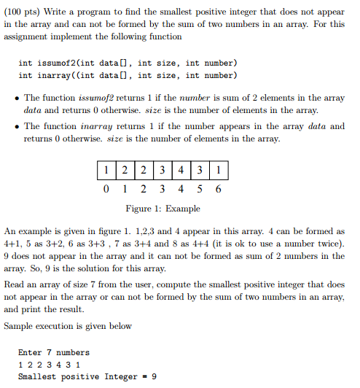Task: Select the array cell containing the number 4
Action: coord(181,171)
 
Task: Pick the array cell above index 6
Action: coord(219,171)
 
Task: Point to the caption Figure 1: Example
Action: coord(163,209)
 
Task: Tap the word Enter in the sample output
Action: coord(30,352)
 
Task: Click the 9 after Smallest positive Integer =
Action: coord(154,376)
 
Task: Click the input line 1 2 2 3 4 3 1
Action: coord(49,365)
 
